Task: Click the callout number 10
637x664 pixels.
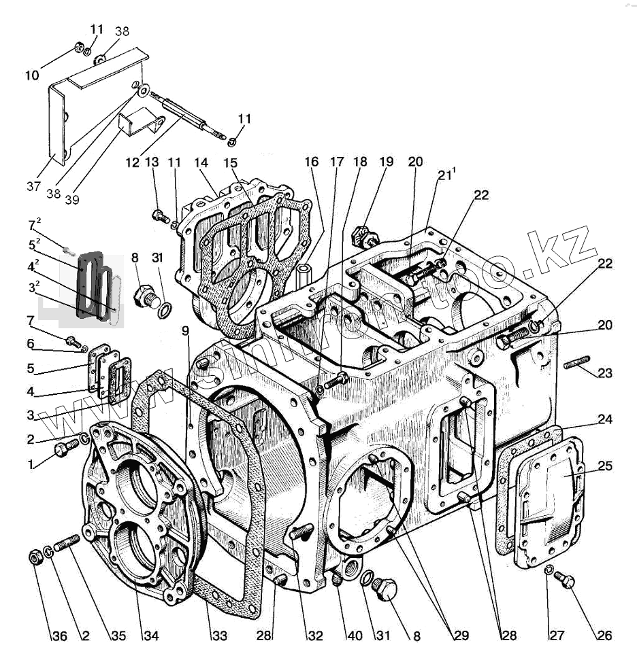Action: [x=32, y=75]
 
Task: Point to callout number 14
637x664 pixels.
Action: [x=200, y=164]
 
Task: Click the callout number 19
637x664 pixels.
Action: [x=387, y=162]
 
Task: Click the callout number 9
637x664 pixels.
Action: [x=184, y=331]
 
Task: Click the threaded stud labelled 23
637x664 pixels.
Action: [x=576, y=364]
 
